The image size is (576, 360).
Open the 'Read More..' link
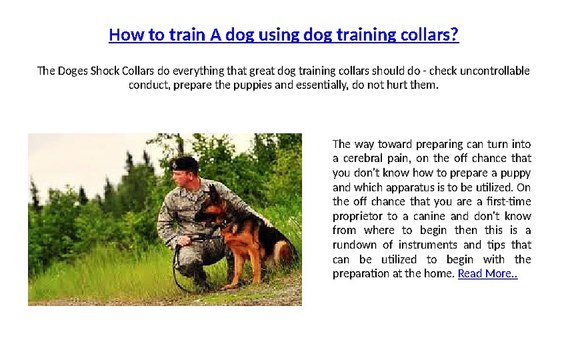(x=487, y=273)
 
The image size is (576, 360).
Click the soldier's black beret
(x=184, y=163)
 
